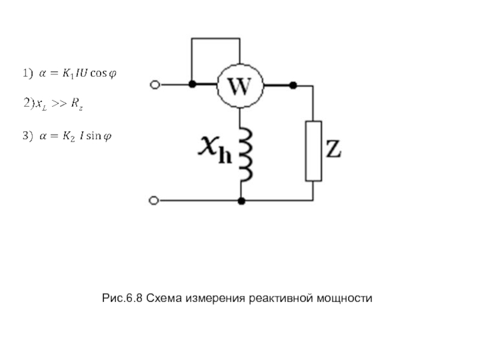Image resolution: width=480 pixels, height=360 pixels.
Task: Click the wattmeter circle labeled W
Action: [240, 85]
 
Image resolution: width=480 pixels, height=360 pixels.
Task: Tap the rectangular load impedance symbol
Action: [313, 151]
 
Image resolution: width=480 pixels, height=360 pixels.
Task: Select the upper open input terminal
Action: [154, 85]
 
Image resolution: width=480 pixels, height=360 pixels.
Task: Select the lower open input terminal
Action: [154, 200]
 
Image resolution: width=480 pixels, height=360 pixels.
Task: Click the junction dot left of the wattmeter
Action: [191, 85]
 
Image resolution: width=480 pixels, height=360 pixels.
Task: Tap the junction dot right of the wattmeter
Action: [293, 85]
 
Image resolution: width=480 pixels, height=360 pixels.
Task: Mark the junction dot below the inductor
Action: [241, 200]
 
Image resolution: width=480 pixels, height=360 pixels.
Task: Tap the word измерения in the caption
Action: [217, 298]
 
